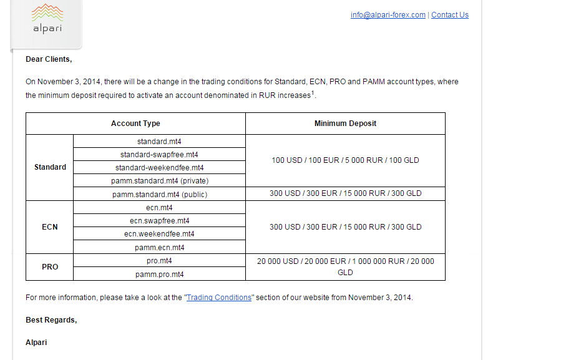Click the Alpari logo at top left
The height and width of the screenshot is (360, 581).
pos(47,19)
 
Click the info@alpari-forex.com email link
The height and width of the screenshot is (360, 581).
pos(388,15)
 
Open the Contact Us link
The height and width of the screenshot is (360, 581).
pos(449,15)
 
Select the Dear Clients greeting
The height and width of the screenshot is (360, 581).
pos(49,59)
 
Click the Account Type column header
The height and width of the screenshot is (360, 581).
pos(135,124)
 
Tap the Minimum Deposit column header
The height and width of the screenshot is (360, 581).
pos(345,124)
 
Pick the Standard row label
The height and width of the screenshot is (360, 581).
pos(50,167)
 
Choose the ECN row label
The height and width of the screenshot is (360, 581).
pos(50,227)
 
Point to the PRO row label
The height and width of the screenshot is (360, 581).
pos(50,267)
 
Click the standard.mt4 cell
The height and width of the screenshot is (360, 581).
pos(159,142)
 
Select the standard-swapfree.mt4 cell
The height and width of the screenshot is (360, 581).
pos(159,155)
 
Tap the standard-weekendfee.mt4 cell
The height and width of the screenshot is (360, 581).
pos(159,168)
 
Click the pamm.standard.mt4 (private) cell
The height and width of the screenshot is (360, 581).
pos(159,181)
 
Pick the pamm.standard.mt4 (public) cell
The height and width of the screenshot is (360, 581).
pos(159,194)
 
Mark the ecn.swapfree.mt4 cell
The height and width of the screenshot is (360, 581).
pos(159,221)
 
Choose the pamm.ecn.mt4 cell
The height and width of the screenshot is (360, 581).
pos(159,248)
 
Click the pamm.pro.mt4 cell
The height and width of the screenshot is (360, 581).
pos(159,274)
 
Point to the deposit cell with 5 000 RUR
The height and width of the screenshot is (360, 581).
pos(345,160)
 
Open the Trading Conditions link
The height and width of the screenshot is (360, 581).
pos(219,298)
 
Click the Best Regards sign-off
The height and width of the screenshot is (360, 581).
pos(51,320)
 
